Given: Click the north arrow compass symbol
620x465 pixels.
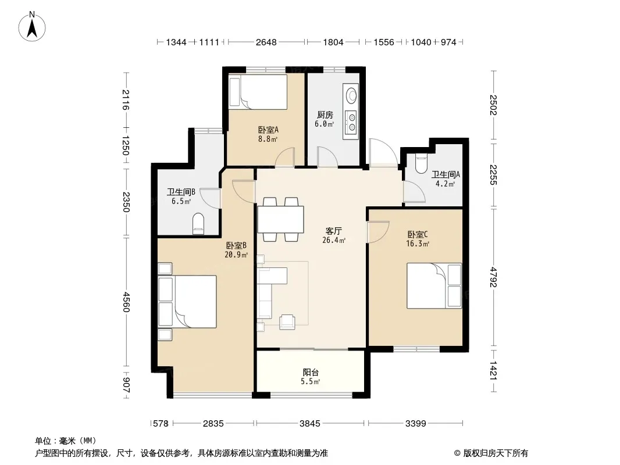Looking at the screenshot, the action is point(32,26).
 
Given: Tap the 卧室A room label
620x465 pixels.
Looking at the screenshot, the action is point(268,130).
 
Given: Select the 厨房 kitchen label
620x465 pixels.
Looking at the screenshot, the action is point(325,115).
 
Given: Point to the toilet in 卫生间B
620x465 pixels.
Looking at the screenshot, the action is point(198,224).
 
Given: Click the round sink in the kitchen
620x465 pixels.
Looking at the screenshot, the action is point(351,95).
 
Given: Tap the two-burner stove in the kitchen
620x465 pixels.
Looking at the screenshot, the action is point(351,121).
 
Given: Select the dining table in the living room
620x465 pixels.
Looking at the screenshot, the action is point(280,219).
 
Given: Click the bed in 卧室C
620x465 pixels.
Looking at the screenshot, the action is point(434,285).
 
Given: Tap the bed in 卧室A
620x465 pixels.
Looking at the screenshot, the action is point(258,92).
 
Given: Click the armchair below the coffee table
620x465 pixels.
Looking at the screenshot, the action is point(287,322).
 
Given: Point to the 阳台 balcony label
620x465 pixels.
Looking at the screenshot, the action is point(311,372).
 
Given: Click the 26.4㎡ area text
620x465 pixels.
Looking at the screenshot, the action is point(334,240).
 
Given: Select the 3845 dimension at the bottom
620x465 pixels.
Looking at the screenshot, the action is point(309,424).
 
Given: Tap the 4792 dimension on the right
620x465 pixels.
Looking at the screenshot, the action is point(493,277).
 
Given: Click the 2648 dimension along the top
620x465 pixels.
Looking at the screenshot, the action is point(266,42).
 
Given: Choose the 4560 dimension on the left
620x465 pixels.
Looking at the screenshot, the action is point(126,302).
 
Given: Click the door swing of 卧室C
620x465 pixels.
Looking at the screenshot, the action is point(379,232).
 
